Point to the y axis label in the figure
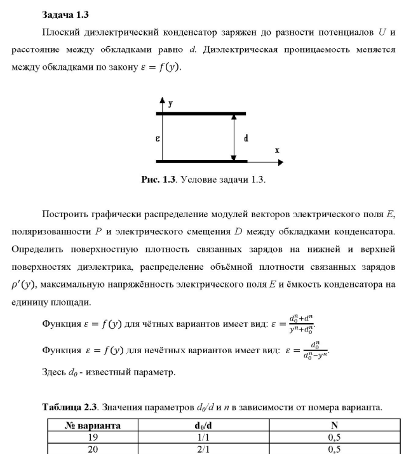click(x=170, y=103)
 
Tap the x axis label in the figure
click(x=277, y=150)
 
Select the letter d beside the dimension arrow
click(x=246, y=138)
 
